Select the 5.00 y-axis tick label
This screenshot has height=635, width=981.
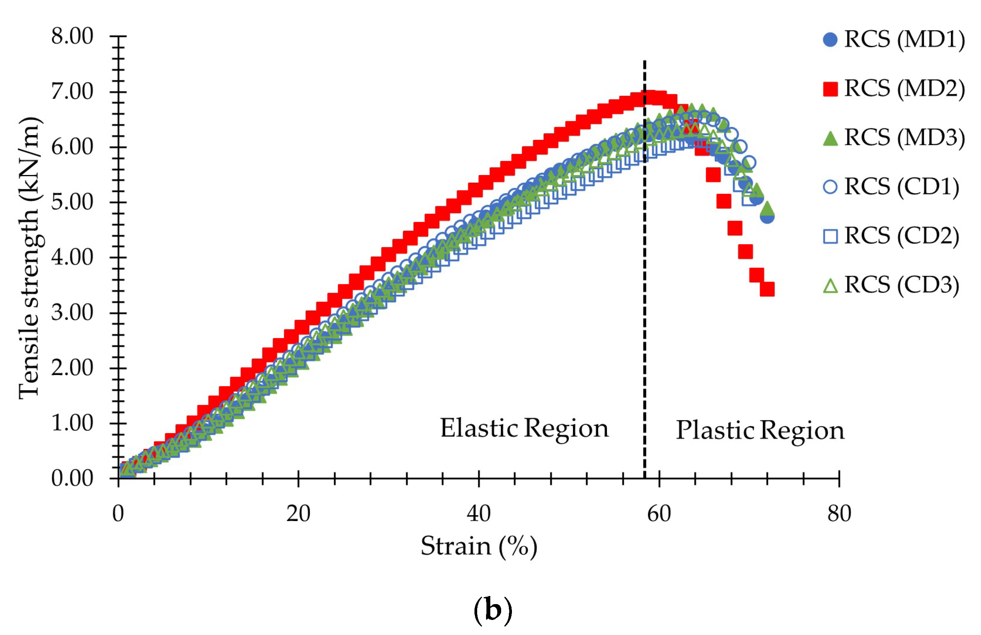pos(72,202)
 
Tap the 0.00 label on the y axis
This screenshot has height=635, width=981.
pos(72,479)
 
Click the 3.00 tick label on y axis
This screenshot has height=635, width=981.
pos(72,313)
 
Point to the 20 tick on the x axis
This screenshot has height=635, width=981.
pos(298,514)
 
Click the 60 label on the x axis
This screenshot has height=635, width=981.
pos(659,514)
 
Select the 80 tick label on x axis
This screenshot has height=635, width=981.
pos(839,514)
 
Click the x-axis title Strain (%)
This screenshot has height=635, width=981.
pos(479,547)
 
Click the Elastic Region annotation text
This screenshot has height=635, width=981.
pos(524,429)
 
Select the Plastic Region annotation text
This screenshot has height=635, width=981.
pos(760,431)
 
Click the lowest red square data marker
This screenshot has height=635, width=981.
pos(767,289)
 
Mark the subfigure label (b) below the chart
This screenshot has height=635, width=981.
pos(493,610)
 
